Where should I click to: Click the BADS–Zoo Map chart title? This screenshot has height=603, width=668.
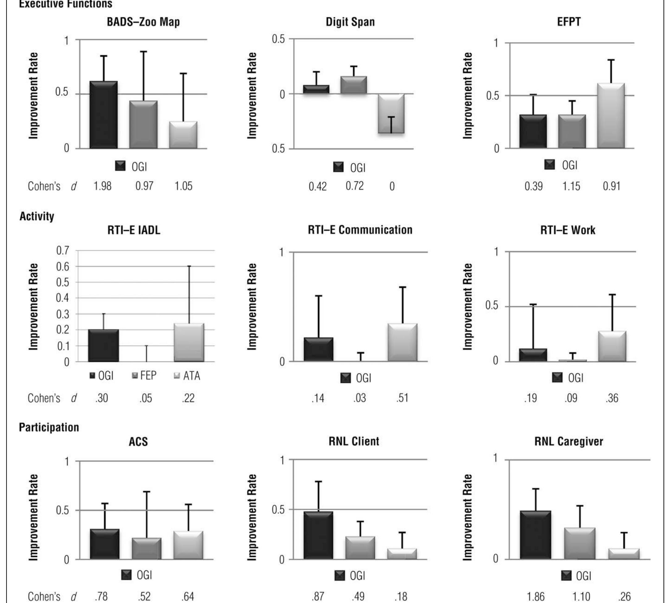(143, 22)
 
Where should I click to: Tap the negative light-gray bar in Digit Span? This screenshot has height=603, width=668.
(391, 114)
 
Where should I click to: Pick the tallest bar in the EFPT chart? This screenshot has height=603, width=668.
(611, 116)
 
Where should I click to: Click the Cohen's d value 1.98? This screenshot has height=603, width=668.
(102, 186)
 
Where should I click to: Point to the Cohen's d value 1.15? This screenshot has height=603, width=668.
(571, 186)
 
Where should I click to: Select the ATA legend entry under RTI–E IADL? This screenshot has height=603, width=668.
(187, 376)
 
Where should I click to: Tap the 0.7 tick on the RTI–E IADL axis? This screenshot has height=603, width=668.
(63, 250)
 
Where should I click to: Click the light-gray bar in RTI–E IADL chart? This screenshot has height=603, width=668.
(189, 342)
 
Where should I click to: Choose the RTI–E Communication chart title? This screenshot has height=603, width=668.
(360, 230)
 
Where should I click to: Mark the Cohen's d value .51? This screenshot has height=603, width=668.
(402, 397)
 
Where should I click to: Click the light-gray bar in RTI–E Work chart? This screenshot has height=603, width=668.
(612, 346)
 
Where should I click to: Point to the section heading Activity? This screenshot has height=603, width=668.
(37, 216)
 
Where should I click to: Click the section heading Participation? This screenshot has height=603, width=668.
(49, 427)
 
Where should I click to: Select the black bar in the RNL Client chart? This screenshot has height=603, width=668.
(318, 535)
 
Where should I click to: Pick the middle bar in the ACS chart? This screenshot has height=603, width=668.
(147, 549)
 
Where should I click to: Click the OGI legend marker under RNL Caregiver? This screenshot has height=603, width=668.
(567, 576)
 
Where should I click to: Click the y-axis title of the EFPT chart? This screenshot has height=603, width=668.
(467, 96)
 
